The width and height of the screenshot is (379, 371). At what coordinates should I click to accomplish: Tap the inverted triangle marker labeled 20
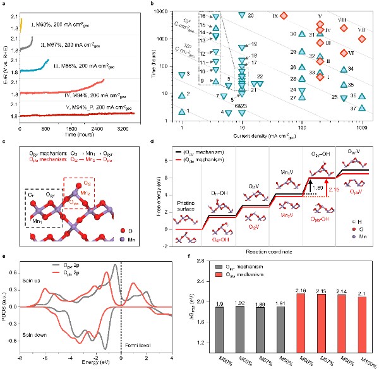click(x=243, y=15)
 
